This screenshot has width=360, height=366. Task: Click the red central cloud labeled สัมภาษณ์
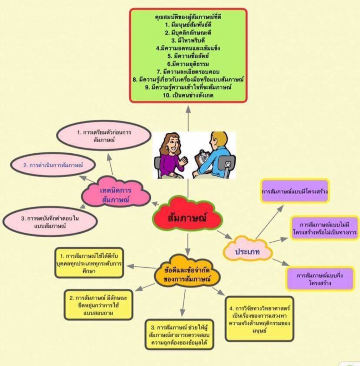(187, 217)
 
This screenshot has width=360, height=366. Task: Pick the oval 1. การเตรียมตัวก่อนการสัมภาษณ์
(104, 135)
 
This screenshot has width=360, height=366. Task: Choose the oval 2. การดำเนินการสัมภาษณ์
(53, 165)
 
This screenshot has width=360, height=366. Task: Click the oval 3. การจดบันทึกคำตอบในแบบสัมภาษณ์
(50, 222)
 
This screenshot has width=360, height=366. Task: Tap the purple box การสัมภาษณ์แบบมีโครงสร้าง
(295, 191)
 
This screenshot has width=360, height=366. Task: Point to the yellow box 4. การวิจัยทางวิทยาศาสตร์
(259, 318)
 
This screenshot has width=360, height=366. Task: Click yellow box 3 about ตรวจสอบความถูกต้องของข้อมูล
(179, 334)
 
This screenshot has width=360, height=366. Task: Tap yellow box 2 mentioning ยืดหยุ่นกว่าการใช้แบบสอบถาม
(98, 305)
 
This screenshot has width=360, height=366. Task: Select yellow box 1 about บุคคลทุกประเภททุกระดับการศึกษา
(89, 263)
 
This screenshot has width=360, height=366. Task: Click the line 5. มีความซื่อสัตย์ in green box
(188, 56)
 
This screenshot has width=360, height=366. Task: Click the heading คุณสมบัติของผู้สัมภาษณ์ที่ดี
(188, 17)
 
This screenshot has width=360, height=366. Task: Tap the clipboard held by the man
(202, 158)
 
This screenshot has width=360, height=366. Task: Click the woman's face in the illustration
(173, 145)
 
